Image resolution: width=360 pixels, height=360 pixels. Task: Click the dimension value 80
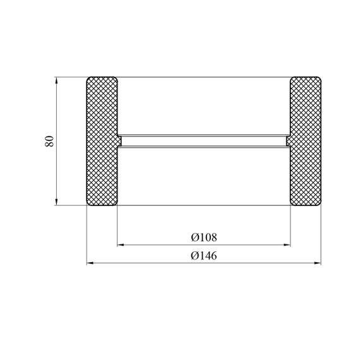click(x=49, y=141)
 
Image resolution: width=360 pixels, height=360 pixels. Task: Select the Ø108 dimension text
click(x=204, y=237)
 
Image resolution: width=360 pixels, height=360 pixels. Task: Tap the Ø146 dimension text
click(x=204, y=256)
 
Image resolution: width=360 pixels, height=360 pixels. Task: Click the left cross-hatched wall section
click(x=102, y=141)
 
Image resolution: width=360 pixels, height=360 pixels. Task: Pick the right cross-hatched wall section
click(x=305, y=141)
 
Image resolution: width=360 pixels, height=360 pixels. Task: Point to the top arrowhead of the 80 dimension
click(x=56, y=80)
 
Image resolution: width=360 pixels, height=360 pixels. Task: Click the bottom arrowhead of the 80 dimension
click(x=56, y=202)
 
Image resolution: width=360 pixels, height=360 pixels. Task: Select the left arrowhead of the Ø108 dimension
click(x=121, y=245)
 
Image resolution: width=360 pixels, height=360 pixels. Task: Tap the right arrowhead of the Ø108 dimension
click(x=287, y=245)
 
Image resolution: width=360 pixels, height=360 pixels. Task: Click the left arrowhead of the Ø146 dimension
click(x=90, y=263)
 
